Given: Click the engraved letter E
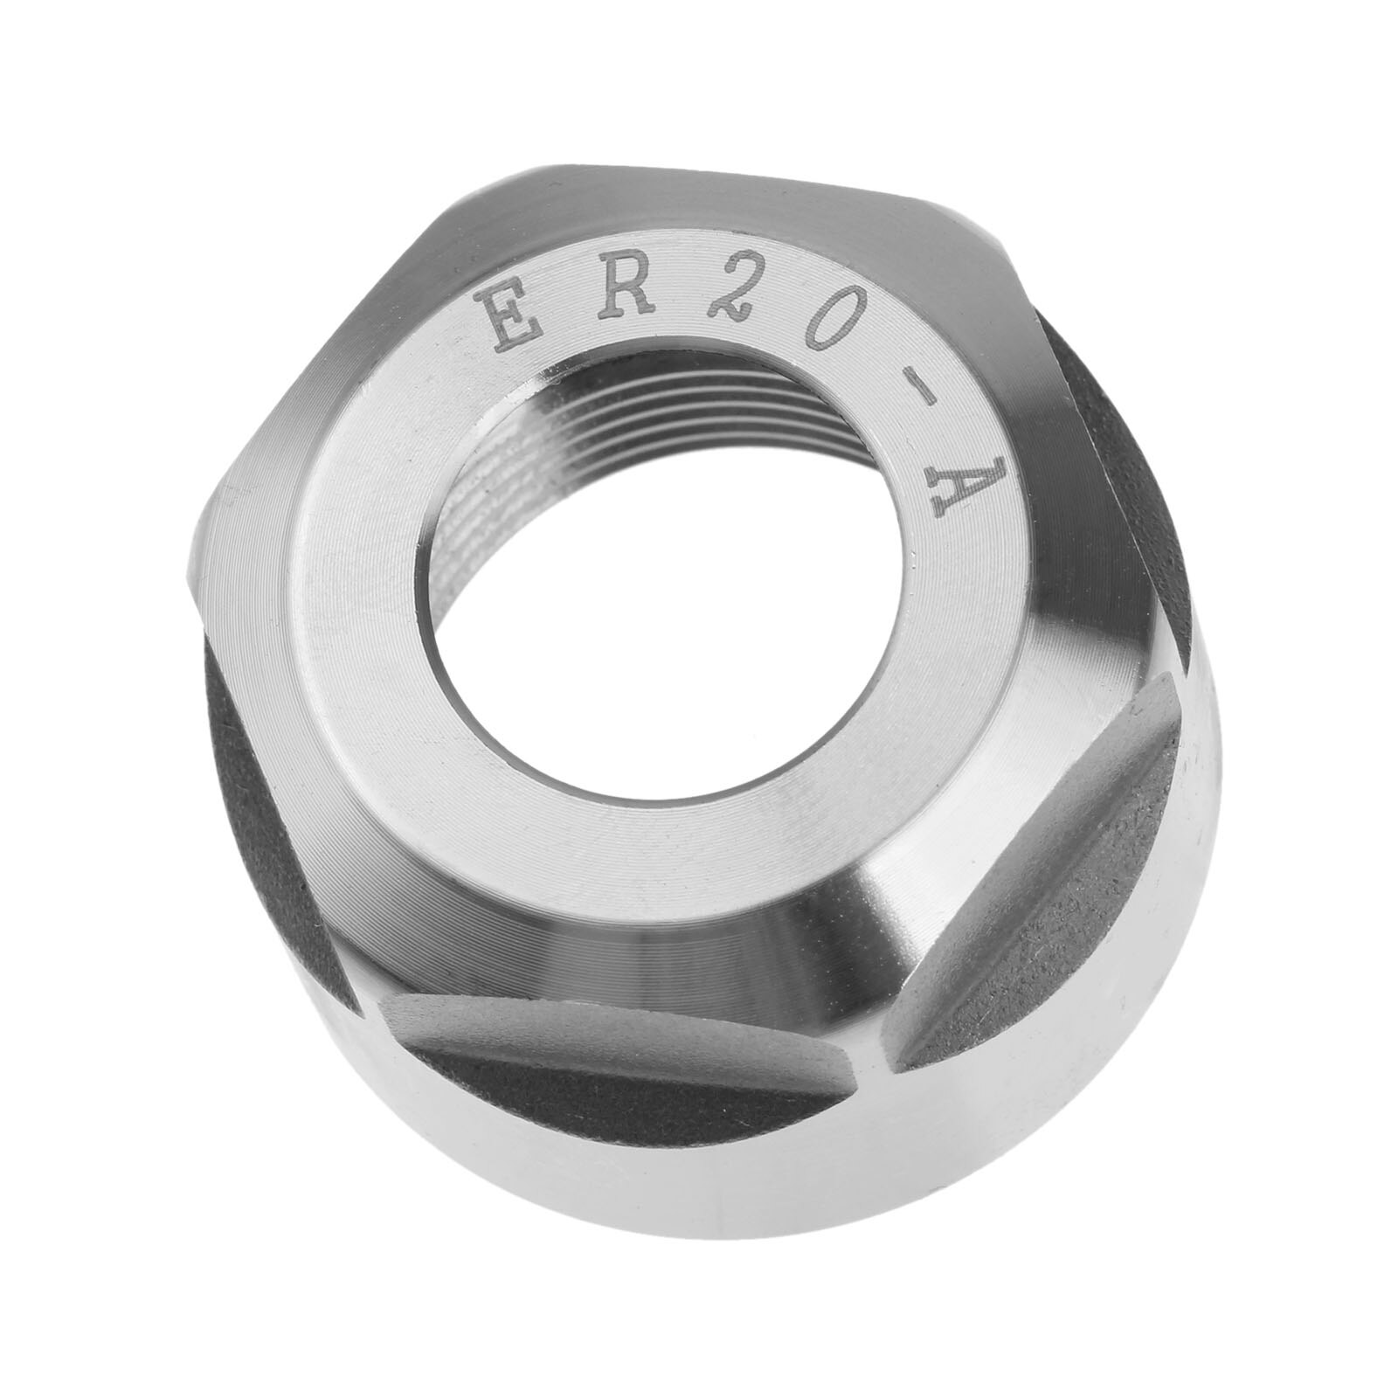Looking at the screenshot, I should pos(514,323).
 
